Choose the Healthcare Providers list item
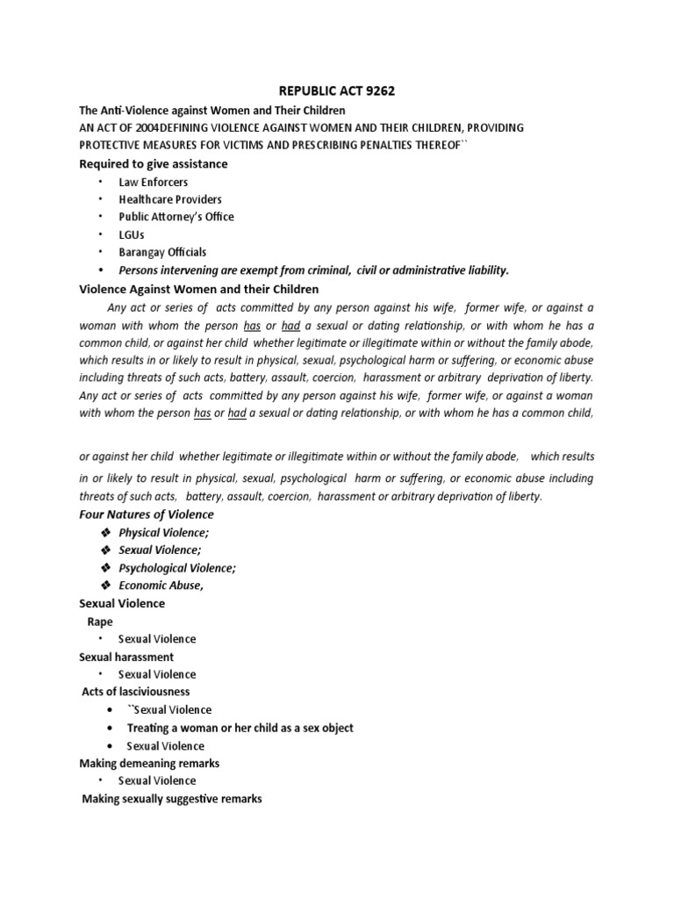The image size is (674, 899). click(x=170, y=199)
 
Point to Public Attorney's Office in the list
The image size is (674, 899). click(x=176, y=217)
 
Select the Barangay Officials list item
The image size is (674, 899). click(x=162, y=252)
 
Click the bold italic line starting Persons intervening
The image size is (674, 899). click(x=313, y=270)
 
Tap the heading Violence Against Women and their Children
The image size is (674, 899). click(x=199, y=289)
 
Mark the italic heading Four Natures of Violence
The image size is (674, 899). click(x=147, y=514)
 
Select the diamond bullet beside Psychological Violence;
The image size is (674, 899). click(x=106, y=568)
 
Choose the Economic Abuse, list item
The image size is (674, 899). click(x=161, y=586)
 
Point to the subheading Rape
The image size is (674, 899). click(x=100, y=622)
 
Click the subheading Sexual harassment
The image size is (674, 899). click(x=126, y=657)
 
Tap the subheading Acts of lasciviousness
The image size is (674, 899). click(x=136, y=692)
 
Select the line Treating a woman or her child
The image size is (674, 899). click(x=240, y=728)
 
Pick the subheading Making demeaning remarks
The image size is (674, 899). click(x=149, y=763)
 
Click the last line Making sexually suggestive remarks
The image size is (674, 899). click(x=172, y=799)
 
